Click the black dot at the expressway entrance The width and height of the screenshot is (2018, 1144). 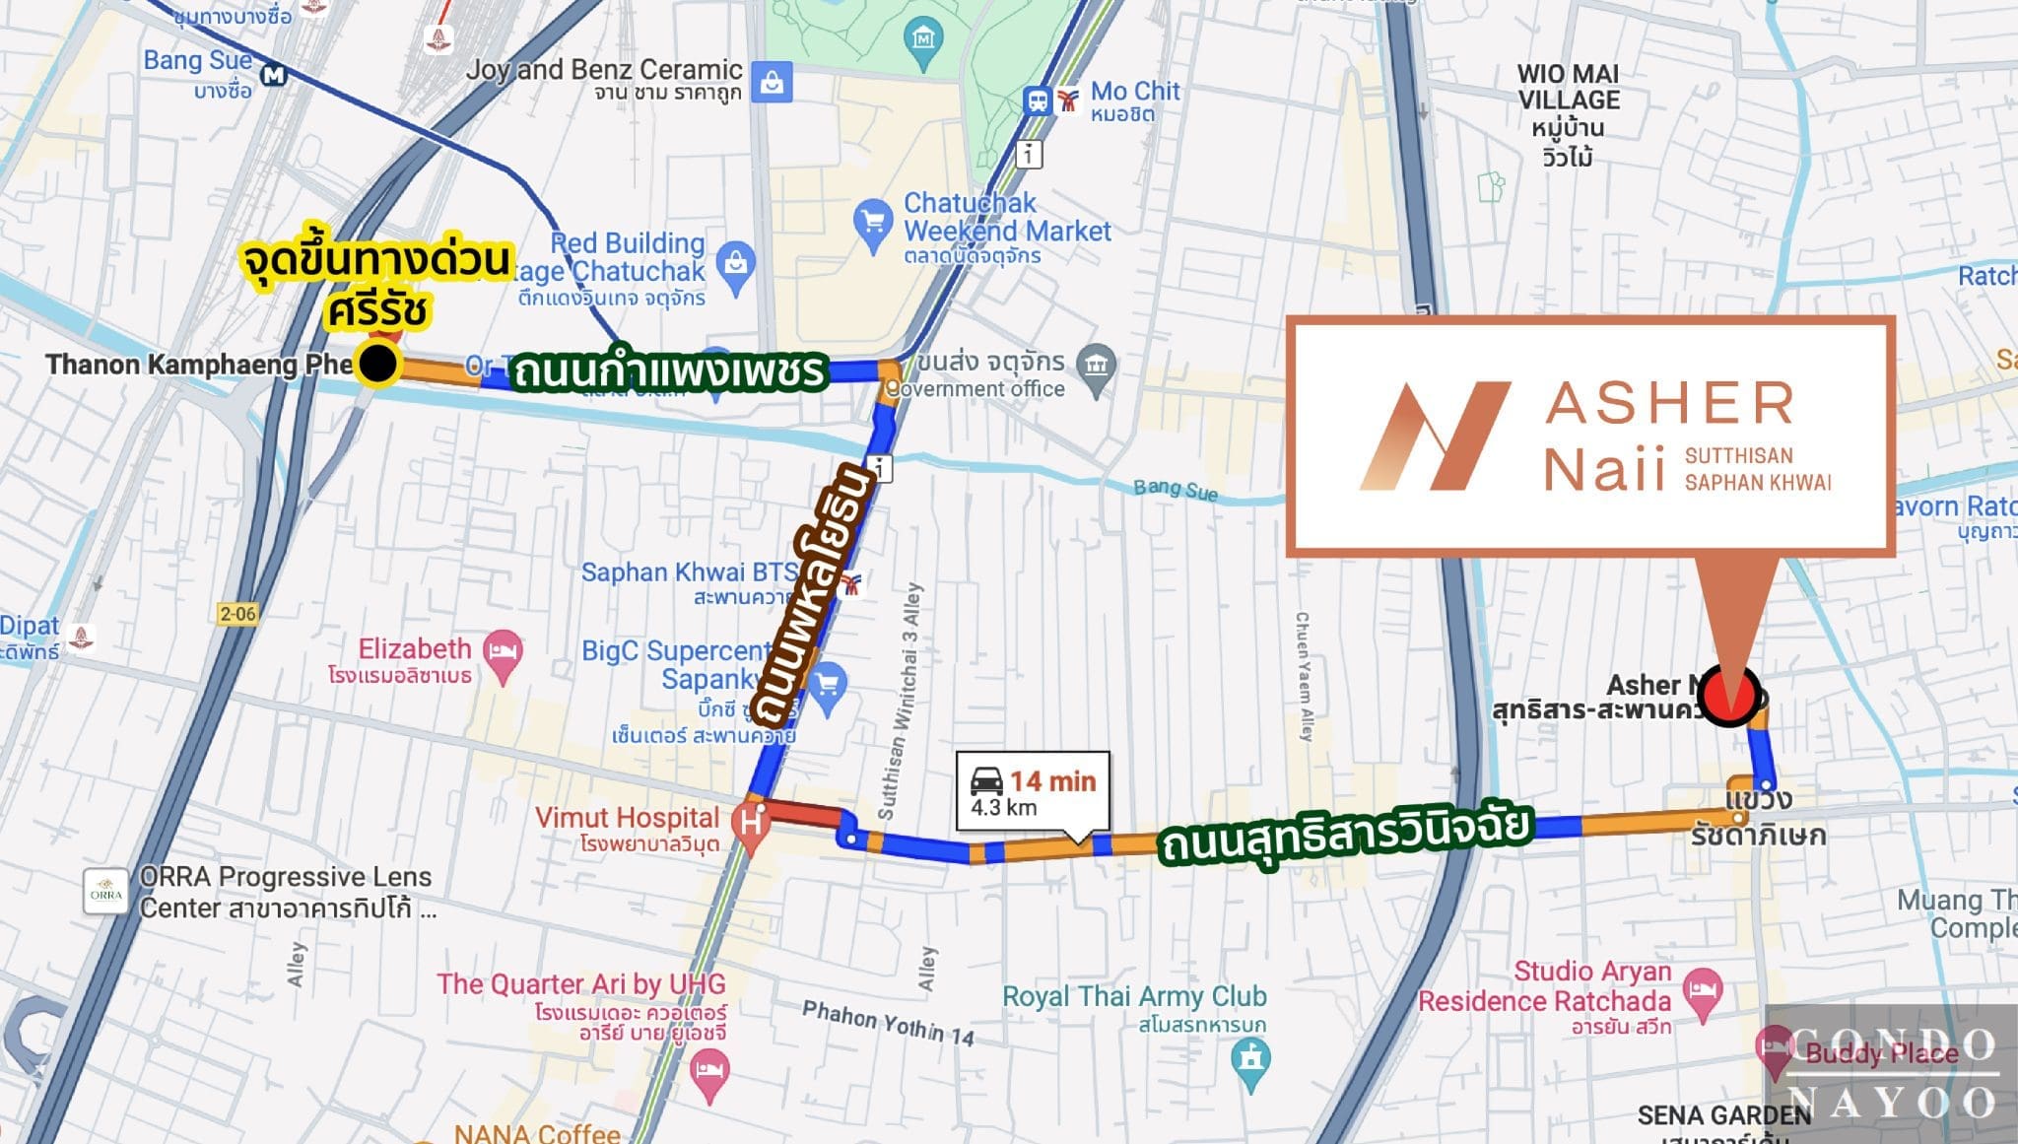[377, 364]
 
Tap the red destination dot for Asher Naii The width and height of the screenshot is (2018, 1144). [1729, 696]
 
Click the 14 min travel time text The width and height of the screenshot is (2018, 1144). [1052, 781]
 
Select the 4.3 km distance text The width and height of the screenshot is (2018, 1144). [1003, 808]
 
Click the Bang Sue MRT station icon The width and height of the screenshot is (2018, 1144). [273, 75]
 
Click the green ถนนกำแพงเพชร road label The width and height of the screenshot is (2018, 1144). [668, 371]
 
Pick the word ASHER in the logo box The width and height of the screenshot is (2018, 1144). [1669, 403]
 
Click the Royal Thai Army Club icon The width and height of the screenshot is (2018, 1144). [1250, 1060]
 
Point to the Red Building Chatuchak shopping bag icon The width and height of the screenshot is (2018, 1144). [735, 263]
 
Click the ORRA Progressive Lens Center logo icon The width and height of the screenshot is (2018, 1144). [105, 893]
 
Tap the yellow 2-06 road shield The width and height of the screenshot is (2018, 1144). [237, 614]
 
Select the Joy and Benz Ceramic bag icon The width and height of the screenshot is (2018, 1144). [772, 83]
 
